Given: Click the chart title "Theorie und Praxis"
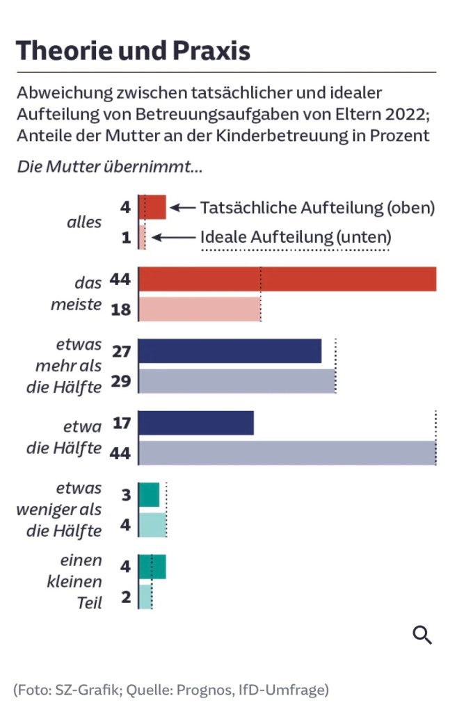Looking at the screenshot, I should click(133, 51).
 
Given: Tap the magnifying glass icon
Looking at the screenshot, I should click(422, 634).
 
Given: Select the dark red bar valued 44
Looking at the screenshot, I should click(287, 279).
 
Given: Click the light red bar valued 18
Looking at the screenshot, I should click(200, 309).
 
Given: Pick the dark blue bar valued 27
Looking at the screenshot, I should click(230, 350).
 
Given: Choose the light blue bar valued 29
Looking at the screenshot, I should click(237, 380).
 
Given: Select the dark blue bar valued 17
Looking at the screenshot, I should click(196, 423).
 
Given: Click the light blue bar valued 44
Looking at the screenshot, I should click(287, 453).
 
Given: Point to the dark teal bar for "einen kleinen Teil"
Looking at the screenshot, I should click(152, 567).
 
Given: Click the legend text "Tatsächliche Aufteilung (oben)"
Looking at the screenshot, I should click(317, 207).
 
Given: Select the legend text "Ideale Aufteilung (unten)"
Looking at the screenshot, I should click(296, 237).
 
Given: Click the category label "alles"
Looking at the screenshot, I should click(84, 222).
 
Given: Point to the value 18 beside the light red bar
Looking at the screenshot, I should click(120, 309).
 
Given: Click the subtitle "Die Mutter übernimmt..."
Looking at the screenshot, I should click(109, 166).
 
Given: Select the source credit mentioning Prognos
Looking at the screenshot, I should click(170, 690).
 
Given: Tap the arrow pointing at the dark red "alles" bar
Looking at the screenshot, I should click(183, 207).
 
